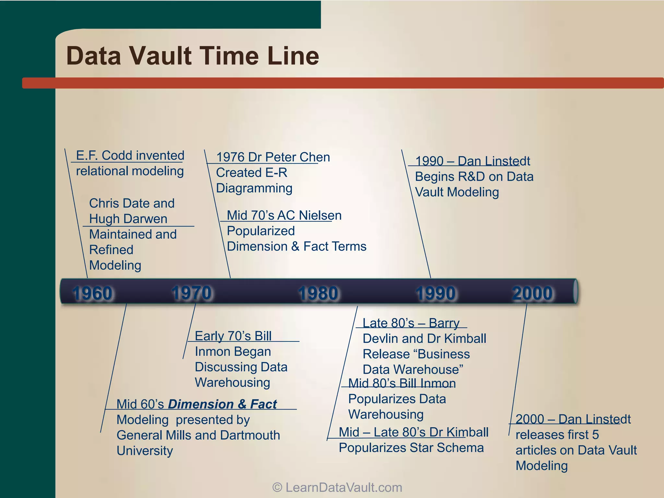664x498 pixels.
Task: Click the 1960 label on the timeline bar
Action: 92,293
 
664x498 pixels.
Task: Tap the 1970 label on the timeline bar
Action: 192,293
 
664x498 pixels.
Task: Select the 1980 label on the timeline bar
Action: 318,293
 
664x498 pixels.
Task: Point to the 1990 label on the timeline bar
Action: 436,293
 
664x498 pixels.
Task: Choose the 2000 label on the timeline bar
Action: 532,293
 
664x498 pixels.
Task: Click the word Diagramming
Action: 254,188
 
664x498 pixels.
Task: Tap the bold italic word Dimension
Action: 200,404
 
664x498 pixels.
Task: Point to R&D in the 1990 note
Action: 467,177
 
